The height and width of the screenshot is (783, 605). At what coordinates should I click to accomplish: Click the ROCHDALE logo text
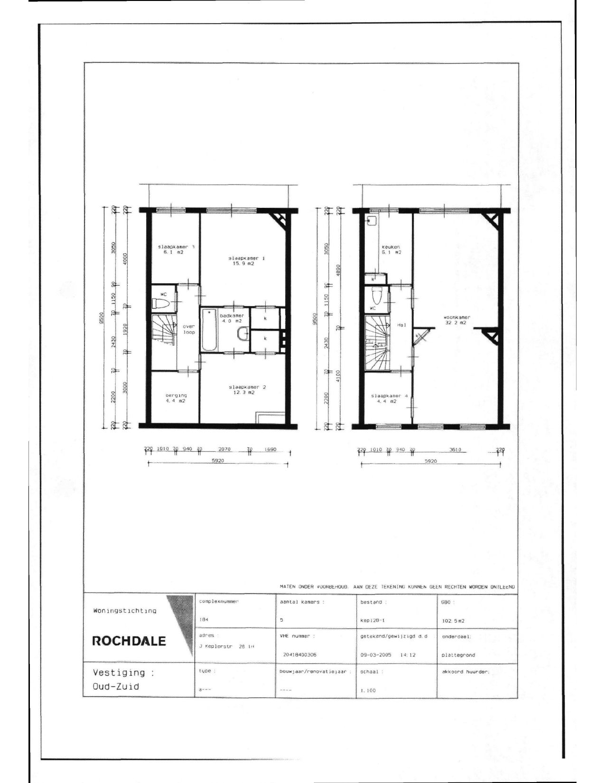[x=129, y=641]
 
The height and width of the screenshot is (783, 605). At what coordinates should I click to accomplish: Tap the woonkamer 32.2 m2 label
[x=456, y=320]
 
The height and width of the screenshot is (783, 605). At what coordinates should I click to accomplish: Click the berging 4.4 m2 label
[x=176, y=398]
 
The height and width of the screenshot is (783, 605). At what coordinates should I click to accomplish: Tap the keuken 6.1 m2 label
[x=391, y=250]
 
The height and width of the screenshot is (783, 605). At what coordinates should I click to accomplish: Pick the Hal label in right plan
[x=400, y=325]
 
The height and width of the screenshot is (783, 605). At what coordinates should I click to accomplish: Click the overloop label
[x=189, y=329]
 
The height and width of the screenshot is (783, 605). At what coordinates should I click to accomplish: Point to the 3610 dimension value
[x=455, y=450]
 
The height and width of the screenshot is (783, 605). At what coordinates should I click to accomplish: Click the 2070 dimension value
[x=224, y=449]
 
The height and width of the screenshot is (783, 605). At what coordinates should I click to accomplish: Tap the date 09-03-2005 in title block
[x=375, y=655]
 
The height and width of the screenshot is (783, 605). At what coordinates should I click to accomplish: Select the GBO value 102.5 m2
[x=454, y=620]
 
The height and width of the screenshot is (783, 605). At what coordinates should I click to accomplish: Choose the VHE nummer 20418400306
[x=299, y=654]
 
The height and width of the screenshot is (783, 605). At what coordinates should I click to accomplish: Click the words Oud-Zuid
[x=116, y=686]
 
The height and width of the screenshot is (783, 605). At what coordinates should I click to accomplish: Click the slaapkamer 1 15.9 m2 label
[x=246, y=261]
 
